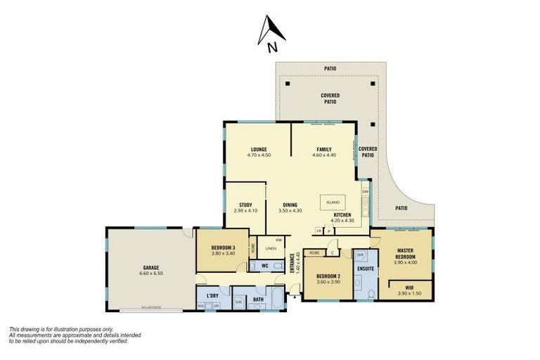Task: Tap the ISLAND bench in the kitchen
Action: [333, 202]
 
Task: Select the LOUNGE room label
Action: [259, 149]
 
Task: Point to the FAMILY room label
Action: [323, 149]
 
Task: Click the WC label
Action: [265, 266]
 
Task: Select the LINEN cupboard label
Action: [269, 248]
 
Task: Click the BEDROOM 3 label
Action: [223, 248]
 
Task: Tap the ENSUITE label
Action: [366, 269]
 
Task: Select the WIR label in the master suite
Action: [409, 287]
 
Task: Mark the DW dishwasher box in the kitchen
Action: [365, 191]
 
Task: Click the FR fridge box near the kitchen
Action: [319, 231]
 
